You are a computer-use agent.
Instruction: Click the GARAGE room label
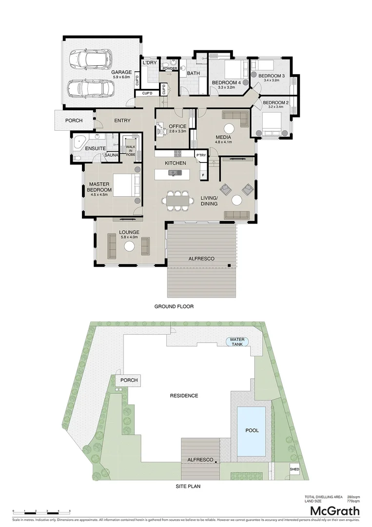(122, 72)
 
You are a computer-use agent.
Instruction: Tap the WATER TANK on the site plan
(237, 342)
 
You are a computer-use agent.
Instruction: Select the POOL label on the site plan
(252, 430)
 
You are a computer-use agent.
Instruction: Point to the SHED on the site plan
(294, 469)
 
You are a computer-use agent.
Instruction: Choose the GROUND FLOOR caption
(174, 307)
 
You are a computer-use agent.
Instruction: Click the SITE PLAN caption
(188, 486)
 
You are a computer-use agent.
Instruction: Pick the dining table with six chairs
(177, 200)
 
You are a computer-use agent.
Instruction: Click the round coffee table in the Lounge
(129, 246)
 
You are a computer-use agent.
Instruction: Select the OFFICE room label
(178, 127)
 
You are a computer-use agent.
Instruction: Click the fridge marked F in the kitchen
(203, 174)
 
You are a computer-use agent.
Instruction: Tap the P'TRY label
(201, 156)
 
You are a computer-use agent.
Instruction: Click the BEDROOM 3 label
(271, 76)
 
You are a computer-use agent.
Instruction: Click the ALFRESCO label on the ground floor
(201, 259)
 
